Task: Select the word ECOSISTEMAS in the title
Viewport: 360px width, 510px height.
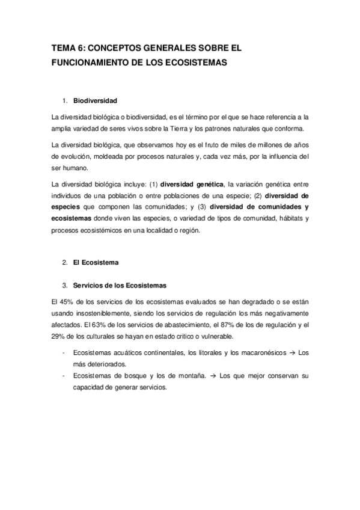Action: click(x=194, y=63)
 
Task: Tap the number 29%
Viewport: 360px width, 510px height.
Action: click(x=60, y=336)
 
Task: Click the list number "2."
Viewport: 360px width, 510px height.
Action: click(x=64, y=263)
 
